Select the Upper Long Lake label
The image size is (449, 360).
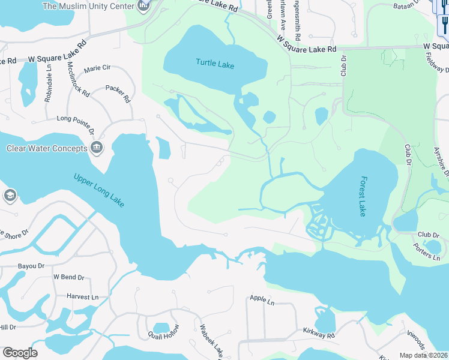(99, 190)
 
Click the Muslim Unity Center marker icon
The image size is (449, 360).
(143, 7)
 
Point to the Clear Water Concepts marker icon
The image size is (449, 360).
(96, 148)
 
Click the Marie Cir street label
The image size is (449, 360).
(97, 69)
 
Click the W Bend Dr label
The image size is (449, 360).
(68, 277)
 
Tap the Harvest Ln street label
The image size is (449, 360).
(82, 297)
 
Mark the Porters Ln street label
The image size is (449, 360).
(429, 254)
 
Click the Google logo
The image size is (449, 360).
(20, 353)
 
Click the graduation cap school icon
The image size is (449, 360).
(9, 196)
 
